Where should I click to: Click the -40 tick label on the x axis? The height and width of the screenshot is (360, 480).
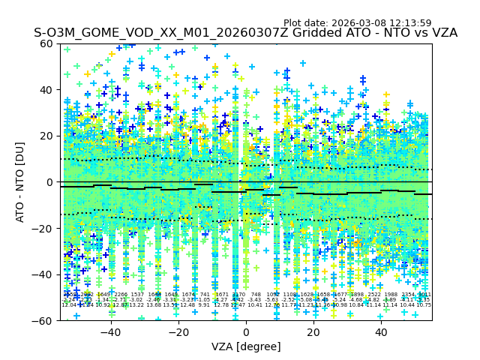(x=110, y=332)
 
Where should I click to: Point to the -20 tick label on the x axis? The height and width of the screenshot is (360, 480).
(x=178, y=332)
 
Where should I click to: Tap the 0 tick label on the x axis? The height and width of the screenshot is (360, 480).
(x=246, y=332)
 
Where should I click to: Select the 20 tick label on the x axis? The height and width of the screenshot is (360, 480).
(x=313, y=332)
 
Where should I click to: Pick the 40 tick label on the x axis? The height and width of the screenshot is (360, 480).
(x=381, y=332)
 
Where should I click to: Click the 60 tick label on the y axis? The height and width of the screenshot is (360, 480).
(x=46, y=43)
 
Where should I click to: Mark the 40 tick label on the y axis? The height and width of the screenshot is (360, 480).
(x=46, y=90)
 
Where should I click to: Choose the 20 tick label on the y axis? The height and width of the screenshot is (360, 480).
(x=46, y=136)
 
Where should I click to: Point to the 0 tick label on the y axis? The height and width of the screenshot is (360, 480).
(x=49, y=182)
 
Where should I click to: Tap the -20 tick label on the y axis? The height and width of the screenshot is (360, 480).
(x=43, y=228)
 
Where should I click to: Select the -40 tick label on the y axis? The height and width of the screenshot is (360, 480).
(x=43, y=274)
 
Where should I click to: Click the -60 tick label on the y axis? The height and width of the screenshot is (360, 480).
(x=43, y=320)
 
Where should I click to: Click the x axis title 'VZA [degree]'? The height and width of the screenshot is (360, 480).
(x=246, y=346)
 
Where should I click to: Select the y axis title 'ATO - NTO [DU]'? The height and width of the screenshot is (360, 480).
(x=20, y=182)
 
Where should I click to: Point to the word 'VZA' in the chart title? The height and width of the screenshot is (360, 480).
(x=442, y=33)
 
